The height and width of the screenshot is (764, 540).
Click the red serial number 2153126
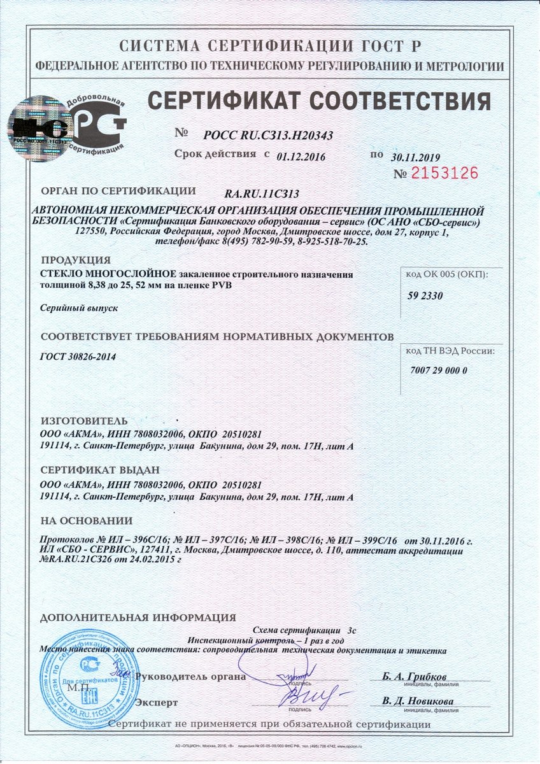[445, 173]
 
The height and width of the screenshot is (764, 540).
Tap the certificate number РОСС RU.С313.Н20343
[269, 136]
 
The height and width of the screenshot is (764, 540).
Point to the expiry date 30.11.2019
[416, 157]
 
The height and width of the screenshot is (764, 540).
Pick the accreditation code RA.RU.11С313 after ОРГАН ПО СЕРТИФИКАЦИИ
[262, 194]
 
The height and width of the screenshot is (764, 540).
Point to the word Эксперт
[157, 702]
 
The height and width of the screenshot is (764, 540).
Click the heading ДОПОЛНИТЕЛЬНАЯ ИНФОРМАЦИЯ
[138, 618]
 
